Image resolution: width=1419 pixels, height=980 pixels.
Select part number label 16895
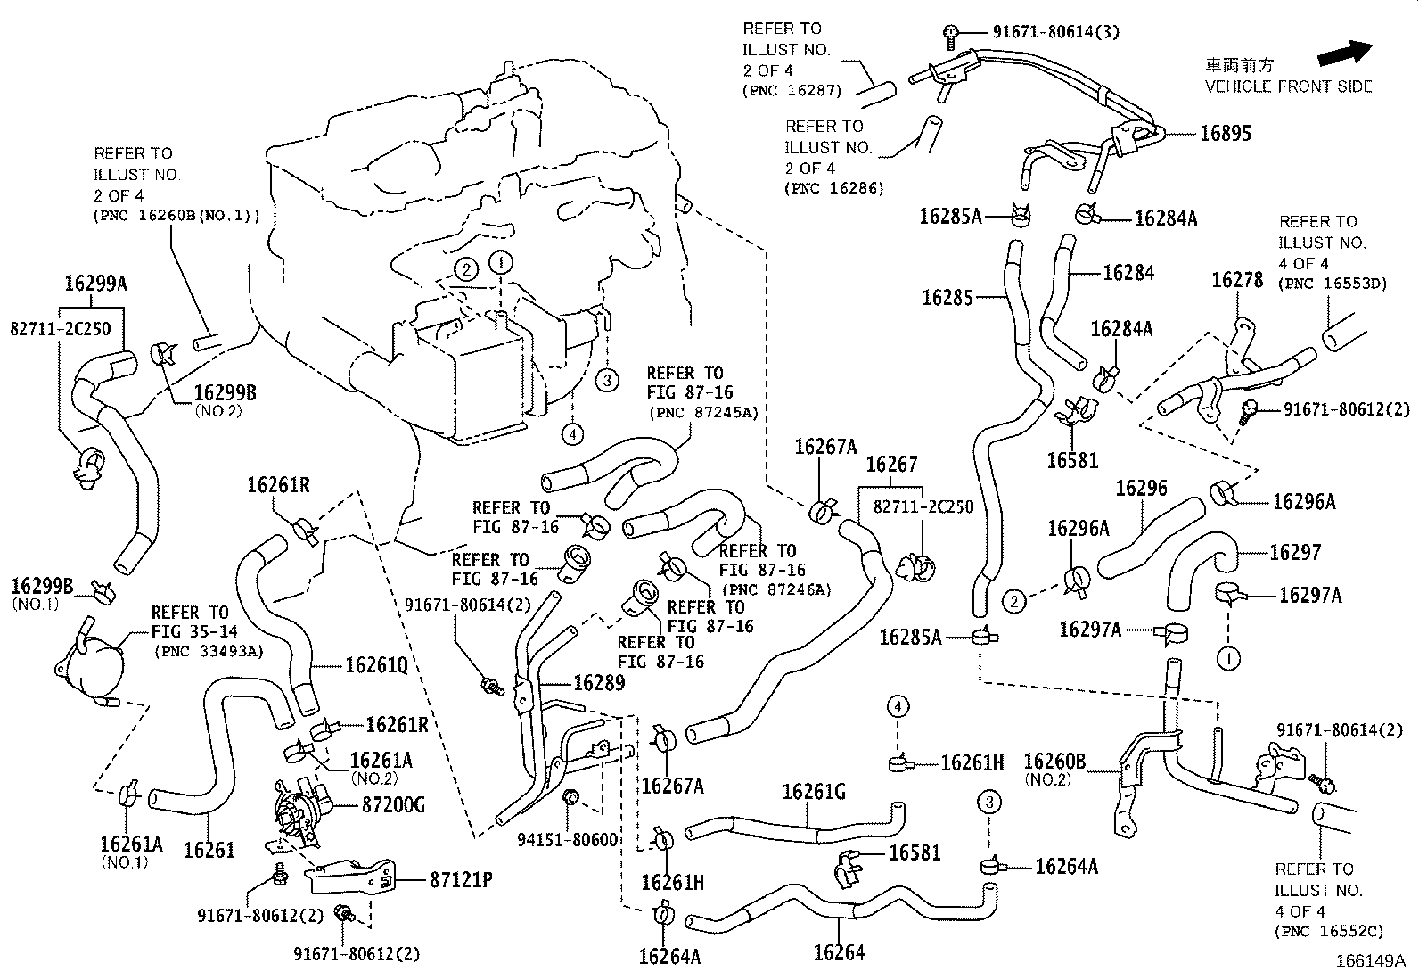click(1225, 134)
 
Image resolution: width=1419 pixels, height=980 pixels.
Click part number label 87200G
click(392, 804)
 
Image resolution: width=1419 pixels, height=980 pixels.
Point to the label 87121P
click(460, 880)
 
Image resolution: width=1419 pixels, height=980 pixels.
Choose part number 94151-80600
click(568, 840)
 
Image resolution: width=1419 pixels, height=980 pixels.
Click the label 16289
click(599, 684)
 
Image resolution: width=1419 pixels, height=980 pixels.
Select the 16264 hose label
click(839, 952)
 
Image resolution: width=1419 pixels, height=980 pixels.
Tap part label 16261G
click(813, 792)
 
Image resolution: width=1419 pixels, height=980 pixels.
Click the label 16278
click(1236, 280)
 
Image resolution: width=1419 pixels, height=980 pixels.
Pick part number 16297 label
click(1294, 553)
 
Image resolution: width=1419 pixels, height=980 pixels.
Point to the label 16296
click(1141, 488)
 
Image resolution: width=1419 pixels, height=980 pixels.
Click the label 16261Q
click(376, 665)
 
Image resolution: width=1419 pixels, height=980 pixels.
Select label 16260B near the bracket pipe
click(1054, 762)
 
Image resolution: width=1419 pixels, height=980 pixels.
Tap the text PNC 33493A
click(209, 651)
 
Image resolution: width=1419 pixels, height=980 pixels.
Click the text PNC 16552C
click(1328, 932)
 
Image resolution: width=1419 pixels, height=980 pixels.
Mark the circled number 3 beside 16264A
click(988, 802)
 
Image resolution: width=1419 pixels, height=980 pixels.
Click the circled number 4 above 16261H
click(898, 707)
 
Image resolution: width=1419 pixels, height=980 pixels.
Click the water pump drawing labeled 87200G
click(297, 809)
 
